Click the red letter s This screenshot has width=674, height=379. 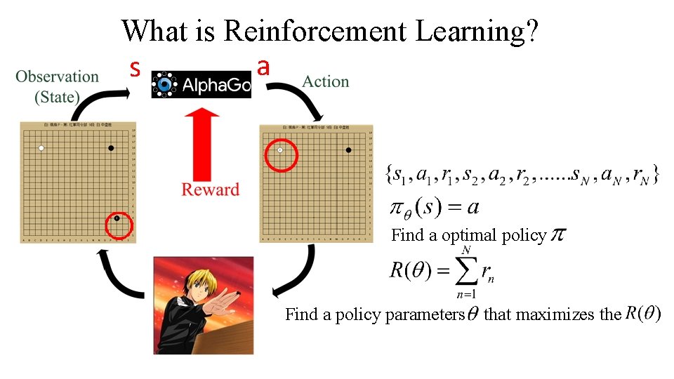[x=136, y=69]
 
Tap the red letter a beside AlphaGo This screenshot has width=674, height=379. [x=263, y=67]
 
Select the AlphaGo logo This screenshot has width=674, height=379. [x=201, y=85]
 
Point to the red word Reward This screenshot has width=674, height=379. [x=210, y=189]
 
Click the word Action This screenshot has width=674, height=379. [x=325, y=81]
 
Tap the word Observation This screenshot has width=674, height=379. [x=58, y=77]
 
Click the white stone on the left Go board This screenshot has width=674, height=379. [x=41, y=148]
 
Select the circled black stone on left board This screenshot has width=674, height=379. [x=117, y=218]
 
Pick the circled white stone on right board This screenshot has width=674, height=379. [x=281, y=150]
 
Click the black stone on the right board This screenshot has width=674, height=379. [x=349, y=150]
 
